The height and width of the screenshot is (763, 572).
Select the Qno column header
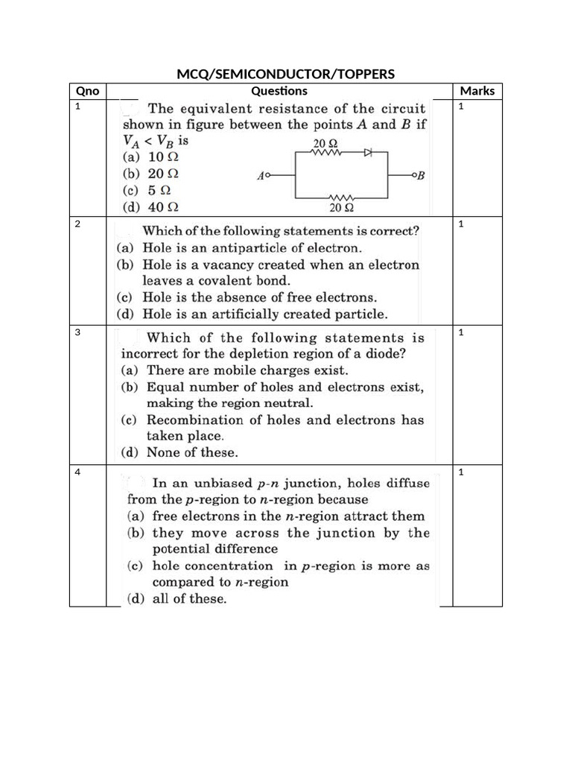88,91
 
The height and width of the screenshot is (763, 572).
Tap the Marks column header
477,91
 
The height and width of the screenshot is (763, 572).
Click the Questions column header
279,91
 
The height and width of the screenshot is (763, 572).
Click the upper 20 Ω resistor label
325,142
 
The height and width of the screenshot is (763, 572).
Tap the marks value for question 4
462,472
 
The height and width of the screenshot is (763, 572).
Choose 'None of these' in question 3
191,452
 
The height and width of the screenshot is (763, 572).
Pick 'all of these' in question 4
189,598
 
